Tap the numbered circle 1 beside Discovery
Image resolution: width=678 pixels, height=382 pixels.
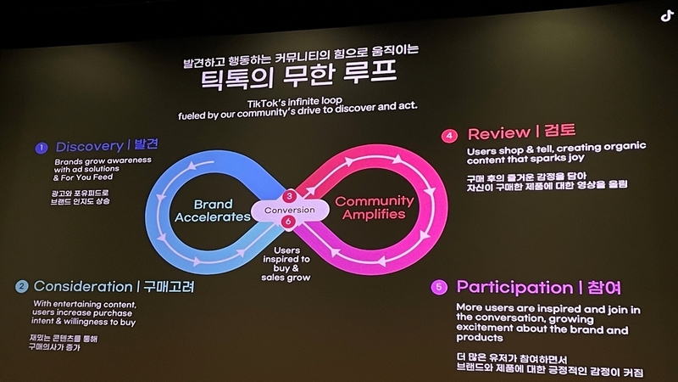pyautogui.click(x=41, y=148)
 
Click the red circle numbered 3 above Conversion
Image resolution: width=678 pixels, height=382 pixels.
pyautogui.click(x=290, y=196)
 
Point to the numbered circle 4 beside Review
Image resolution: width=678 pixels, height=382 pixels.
pyautogui.click(x=451, y=134)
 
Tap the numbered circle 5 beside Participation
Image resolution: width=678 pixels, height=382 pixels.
pyautogui.click(x=439, y=287)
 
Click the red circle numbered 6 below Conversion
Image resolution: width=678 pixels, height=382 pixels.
pyautogui.click(x=290, y=223)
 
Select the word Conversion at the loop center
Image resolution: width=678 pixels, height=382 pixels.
pyautogui.click(x=290, y=210)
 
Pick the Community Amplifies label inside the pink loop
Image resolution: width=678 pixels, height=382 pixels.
pyautogui.click(x=375, y=209)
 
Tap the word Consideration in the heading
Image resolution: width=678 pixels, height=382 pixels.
pyautogui.click(x=81, y=287)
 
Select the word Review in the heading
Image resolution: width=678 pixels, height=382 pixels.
pyautogui.click(x=497, y=133)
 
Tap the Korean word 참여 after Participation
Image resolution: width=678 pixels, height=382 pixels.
pyautogui.click(x=609, y=287)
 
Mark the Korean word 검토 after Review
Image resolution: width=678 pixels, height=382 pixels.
pyautogui.click(x=559, y=133)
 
